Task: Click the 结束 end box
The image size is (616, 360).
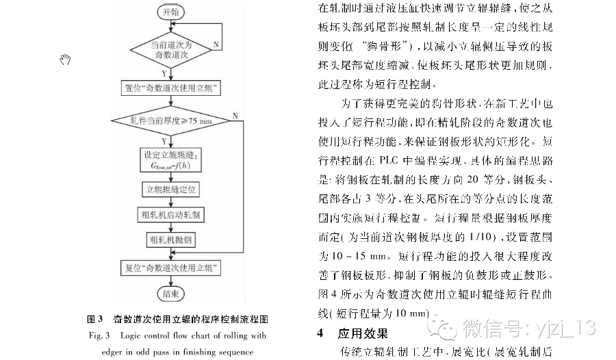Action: (x=170, y=294)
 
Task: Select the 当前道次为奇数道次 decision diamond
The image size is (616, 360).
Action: (x=170, y=49)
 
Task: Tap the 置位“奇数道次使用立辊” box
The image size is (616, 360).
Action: (x=170, y=88)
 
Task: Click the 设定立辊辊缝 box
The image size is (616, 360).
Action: (x=170, y=158)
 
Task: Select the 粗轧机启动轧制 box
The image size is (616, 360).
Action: (x=170, y=214)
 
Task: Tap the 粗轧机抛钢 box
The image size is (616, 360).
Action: (x=170, y=240)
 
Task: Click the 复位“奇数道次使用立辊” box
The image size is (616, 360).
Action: (x=170, y=267)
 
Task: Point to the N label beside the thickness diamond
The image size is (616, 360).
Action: (x=235, y=114)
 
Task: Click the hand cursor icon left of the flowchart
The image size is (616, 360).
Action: (x=66, y=61)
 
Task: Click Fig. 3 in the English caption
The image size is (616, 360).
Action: (x=99, y=336)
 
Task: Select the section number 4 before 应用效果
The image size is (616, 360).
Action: (x=320, y=334)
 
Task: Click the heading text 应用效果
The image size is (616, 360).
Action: (x=363, y=334)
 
